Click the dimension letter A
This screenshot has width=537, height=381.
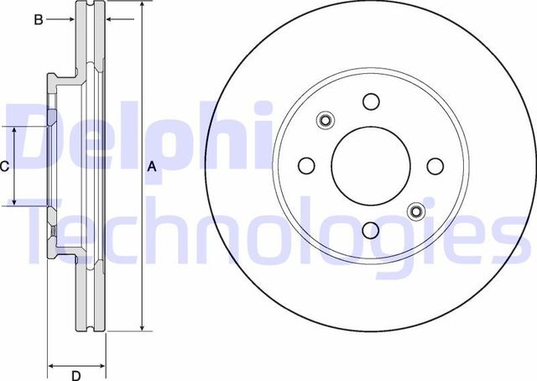[x=152, y=166]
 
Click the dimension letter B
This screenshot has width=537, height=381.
[x=38, y=19]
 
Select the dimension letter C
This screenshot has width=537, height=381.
[x=4, y=166]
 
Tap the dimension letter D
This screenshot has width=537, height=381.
[x=76, y=374]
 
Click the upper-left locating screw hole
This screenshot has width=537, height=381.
[x=326, y=120]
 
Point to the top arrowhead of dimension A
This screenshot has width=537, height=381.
[x=141, y=7]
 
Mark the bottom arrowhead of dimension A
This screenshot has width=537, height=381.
[x=141, y=327]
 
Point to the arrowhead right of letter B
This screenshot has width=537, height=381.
[x=72, y=19]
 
